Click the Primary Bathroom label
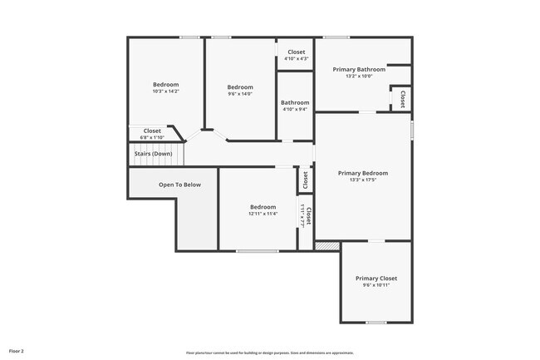[x=359, y=69]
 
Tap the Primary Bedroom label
[x=362, y=173]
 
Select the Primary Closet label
[x=376, y=278]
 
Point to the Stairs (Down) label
[x=153, y=154]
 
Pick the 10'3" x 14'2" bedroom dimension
[x=165, y=91]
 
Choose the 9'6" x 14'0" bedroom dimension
[x=240, y=94]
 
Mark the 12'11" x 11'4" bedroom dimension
[x=263, y=214]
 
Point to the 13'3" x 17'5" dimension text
[x=362, y=180]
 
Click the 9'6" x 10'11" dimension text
[x=376, y=285]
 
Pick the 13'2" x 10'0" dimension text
[x=359, y=76]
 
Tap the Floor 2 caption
[x=17, y=352]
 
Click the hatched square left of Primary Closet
[x=328, y=246]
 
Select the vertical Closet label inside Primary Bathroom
[x=403, y=99]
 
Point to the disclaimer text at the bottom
[x=269, y=353]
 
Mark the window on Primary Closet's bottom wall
[x=376, y=323]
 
